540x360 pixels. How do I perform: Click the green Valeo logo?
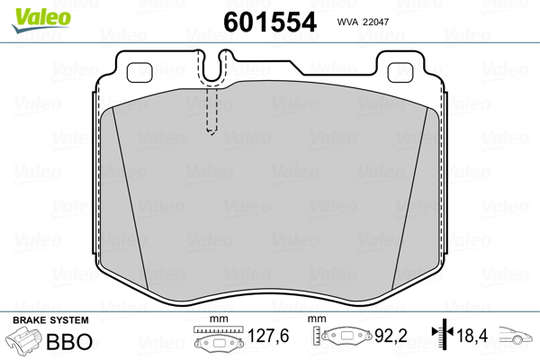(x=41, y=19)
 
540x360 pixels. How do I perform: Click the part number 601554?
(x=270, y=22)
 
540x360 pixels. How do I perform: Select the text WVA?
(x=347, y=22)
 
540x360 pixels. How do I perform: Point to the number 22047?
(x=375, y=22)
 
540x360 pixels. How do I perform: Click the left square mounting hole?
(x=139, y=72)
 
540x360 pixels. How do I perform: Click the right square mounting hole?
(x=400, y=72)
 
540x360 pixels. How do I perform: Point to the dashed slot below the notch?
(x=211, y=111)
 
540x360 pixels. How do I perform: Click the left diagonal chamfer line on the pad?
(x=130, y=198)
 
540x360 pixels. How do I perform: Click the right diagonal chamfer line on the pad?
(x=409, y=198)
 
